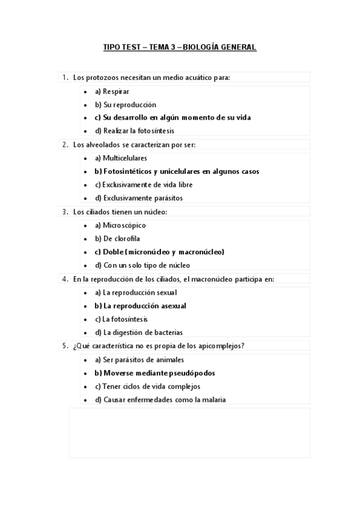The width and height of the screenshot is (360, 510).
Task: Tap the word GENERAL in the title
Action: click(x=240, y=48)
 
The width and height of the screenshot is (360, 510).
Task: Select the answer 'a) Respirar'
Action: click(x=112, y=91)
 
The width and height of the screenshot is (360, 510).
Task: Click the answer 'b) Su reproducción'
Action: click(x=125, y=105)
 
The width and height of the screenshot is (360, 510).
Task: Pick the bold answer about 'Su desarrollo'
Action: click(x=172, y=117)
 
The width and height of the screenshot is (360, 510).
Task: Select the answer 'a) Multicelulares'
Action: click(x=121, y=158)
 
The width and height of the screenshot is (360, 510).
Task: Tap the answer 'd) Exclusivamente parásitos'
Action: click(x=139, y=198)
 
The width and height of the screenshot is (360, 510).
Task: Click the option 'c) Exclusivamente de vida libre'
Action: click(x=144, y=185)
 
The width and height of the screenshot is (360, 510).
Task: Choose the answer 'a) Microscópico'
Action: click(x=120, y=226)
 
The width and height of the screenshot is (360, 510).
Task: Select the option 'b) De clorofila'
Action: click(x=117, y=239)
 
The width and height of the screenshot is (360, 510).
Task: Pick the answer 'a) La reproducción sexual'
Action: click(x=136, y=293)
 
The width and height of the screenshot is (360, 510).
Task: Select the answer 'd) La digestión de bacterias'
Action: click(x=139, y=333)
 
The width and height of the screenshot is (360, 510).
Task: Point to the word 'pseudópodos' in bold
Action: click(x=194, y=373)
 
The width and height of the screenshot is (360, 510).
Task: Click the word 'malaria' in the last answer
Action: click(x=213, y=400)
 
